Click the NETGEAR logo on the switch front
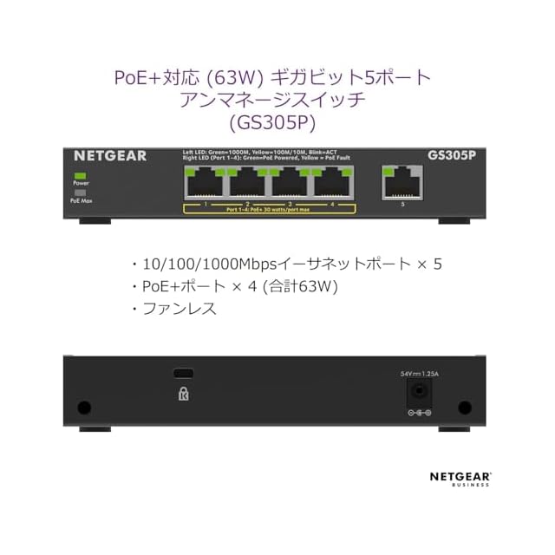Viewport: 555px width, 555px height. click(x=110, y=156)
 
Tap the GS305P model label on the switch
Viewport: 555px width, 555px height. click(x=452, y=156)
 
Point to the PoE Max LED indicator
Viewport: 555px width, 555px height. click(x=81, y=192)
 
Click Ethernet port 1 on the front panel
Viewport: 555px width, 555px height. click(x=206, y=184)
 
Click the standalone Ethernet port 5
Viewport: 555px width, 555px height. click(x=402, y=184)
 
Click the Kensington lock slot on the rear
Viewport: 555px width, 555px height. click(x=184, y=374)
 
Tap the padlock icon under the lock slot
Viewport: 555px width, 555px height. click(x=184, y=393)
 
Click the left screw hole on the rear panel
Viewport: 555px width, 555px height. click(x=84, y=408)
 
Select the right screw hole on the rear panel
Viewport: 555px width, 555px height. click(x=465, y=408)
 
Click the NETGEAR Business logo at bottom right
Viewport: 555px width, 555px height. click(x=460, y=478)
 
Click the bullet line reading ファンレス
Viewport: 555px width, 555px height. click(x=179, y=309)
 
